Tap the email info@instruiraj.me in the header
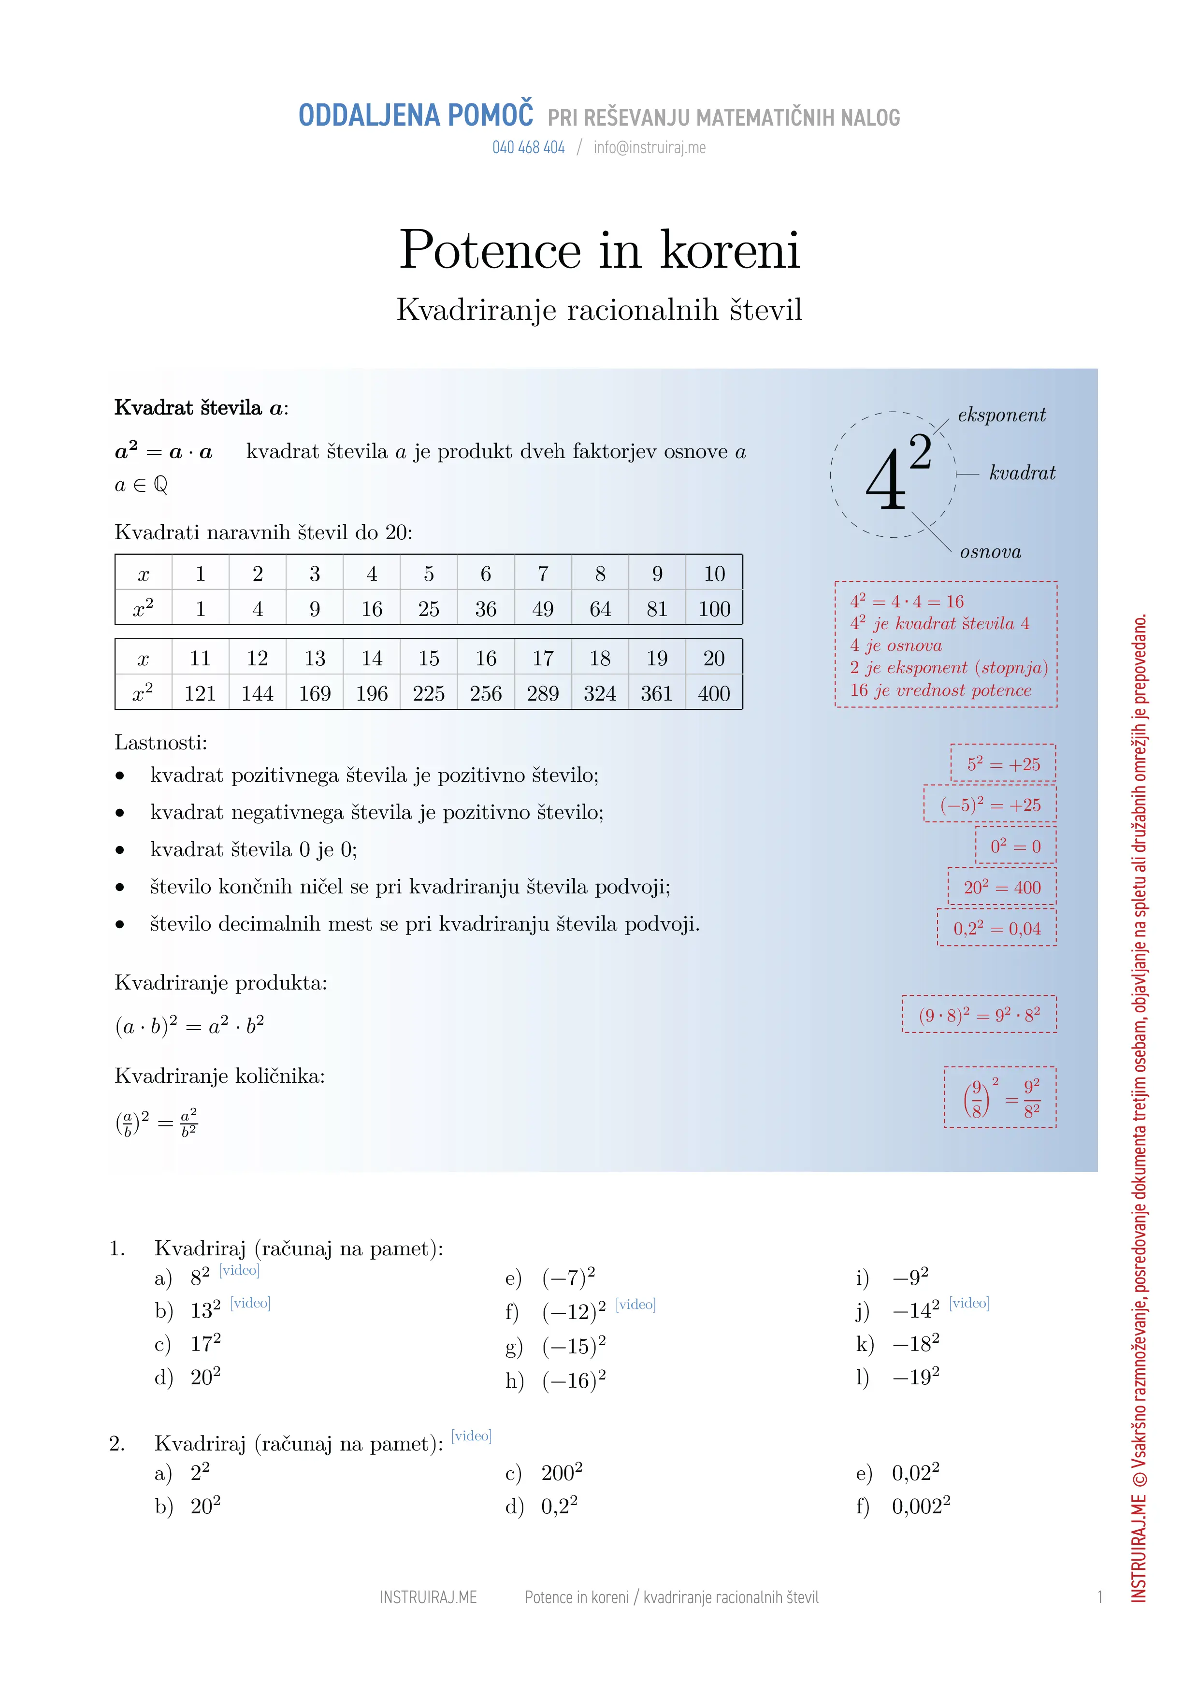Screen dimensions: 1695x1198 click(x=649, y=148)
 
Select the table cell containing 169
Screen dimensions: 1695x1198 click(x=315, y=693)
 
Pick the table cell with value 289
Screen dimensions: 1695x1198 click(x=543, y=693)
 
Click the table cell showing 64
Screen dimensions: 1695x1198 click(x=600, y=609)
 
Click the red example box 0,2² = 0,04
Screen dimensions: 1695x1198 click(x=996, y=928)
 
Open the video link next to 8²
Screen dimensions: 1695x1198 click(x=239, y=1270)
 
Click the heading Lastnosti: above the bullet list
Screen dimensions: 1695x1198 click(x=161, y=743)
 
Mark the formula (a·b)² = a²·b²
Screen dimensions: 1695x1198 click(x=190, y=1025)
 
